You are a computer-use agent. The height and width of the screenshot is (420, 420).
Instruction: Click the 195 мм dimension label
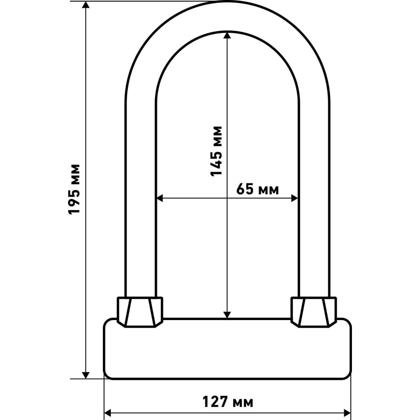[x=74, y=189]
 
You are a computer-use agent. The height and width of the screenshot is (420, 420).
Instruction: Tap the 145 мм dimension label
[x=216, y=151]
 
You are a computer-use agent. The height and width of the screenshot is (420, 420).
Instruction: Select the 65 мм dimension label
[x=257, y=189]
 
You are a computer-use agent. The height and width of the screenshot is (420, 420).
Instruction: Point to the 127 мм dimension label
[x=228, y=402]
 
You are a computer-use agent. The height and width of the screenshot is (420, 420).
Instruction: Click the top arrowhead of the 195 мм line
[x=85, y=5]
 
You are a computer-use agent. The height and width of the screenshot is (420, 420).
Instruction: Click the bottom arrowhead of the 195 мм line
[x=85, y=375]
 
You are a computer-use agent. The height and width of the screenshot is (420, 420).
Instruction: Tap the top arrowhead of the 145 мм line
[x=227, y=36]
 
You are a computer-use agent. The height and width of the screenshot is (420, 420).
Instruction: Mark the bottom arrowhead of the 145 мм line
[x=227, y=315]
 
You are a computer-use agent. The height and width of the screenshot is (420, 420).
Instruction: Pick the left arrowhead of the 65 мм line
[x=160, y=199]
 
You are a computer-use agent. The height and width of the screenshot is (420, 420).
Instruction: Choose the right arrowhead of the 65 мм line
[x=295, y=199]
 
